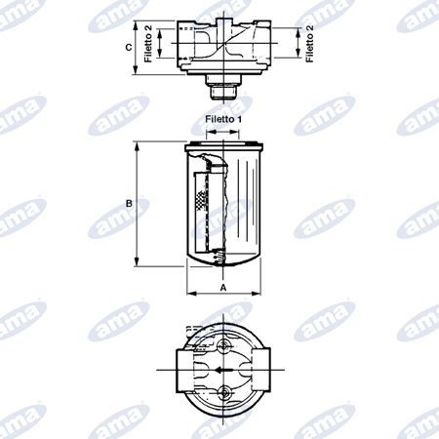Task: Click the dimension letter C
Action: tap(129, 47)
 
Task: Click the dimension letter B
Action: tap(129, 204)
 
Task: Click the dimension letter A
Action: tap(223, 288)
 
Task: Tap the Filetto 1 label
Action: tap(223, 119)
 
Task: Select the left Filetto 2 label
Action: tap(148, 44)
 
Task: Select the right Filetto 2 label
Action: tap(309, 44)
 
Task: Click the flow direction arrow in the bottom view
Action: tap(223, 370)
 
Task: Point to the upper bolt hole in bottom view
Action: tap(223, 345)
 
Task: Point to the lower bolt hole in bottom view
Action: tap(223, 393)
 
